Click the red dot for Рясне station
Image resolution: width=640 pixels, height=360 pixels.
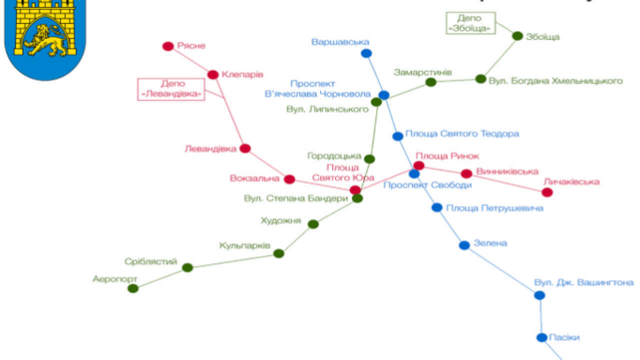(168, 46)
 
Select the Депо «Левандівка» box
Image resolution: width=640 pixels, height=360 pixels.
(171, 89)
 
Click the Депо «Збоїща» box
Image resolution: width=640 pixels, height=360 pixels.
(470, 23)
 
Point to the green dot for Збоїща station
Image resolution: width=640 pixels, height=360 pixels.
(517, 36)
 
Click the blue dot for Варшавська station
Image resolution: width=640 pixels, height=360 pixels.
(366, 53)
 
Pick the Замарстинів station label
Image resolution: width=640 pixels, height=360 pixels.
(422, 72)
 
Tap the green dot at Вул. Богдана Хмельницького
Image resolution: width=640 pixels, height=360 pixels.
(480, 79)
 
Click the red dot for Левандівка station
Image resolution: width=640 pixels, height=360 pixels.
(245, 148)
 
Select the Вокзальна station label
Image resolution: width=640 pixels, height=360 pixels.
(254, 178)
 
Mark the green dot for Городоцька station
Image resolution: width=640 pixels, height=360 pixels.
(369, 159)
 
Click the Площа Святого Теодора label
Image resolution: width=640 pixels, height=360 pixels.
(462, 134)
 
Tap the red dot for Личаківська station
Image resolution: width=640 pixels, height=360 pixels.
(547, 192)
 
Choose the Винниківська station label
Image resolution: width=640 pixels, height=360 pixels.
(507, 171)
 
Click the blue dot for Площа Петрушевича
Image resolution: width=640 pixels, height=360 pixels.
(437, 207)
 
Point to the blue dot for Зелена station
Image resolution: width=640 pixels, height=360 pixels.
(464, 245)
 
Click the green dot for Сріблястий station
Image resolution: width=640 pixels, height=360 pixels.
(187, 267)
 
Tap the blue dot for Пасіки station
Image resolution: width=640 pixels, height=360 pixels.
(542, 337)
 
